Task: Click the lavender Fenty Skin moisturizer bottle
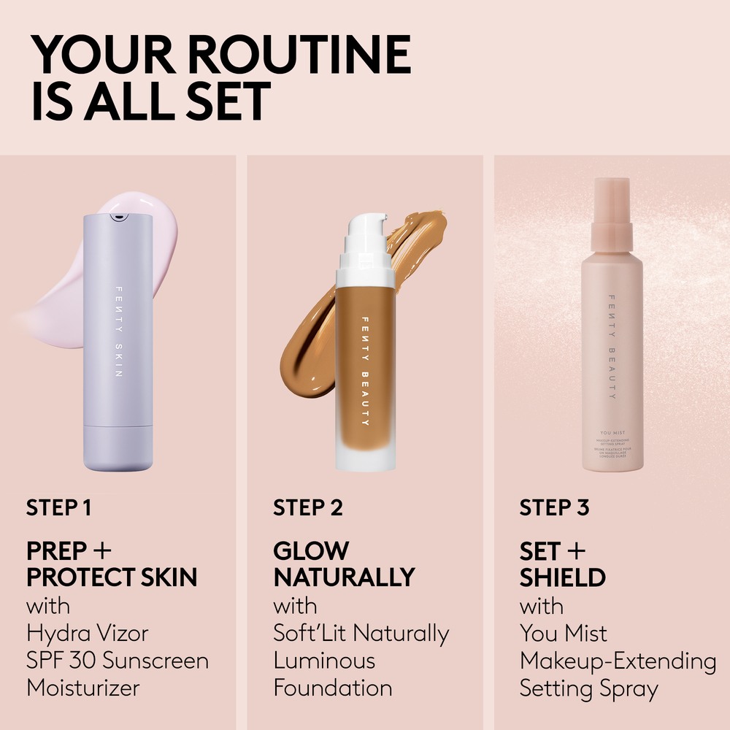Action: click(x=118, y=343)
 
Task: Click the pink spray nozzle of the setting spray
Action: click(x=612, y=212)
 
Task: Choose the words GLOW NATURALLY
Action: click(x=343, y=564)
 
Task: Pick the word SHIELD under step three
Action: click(x=562, y=577)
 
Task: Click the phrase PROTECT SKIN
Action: click(x=112, y=577)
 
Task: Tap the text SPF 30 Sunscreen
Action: click(x=118, y=661)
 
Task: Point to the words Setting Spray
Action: click(x=589, y=688)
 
